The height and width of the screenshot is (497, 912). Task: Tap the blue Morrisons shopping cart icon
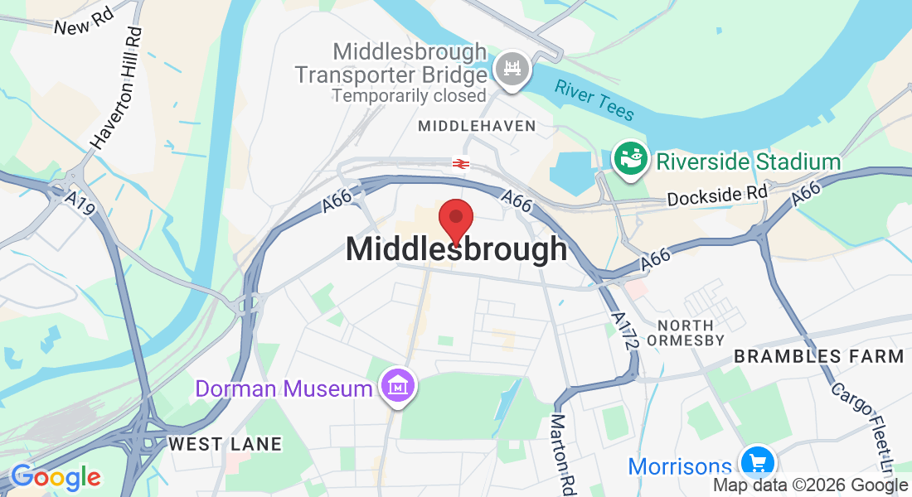[x=756, y=462]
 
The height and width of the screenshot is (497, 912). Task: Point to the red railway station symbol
[x=461, y=163]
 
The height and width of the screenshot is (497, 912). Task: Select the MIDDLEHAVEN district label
[x=477, y=127]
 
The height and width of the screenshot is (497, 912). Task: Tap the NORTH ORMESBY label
[x=692, y=332]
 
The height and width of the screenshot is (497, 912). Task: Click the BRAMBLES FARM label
[x=817, y=357]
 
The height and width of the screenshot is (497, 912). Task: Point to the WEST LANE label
[x=225, y=444]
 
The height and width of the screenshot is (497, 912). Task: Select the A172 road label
[x=623, y=331]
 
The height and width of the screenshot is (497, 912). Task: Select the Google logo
[x=55, y=477]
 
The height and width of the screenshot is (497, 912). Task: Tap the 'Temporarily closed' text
[x=409, y=95]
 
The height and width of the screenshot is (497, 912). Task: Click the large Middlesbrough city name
[x=456, y=249]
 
